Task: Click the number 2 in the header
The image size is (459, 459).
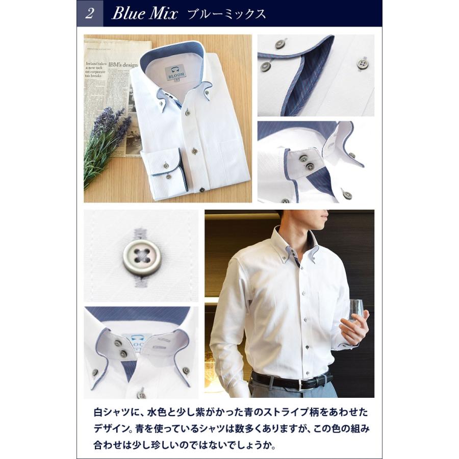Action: [90, 14]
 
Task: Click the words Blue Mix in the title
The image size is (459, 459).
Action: [144, 14]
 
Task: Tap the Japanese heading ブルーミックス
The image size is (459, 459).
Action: [226, 14]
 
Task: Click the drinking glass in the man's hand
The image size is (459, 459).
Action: [355, 310]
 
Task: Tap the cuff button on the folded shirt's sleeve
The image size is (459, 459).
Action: [166, 166]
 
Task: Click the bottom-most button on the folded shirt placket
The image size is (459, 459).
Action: [202, 190]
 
